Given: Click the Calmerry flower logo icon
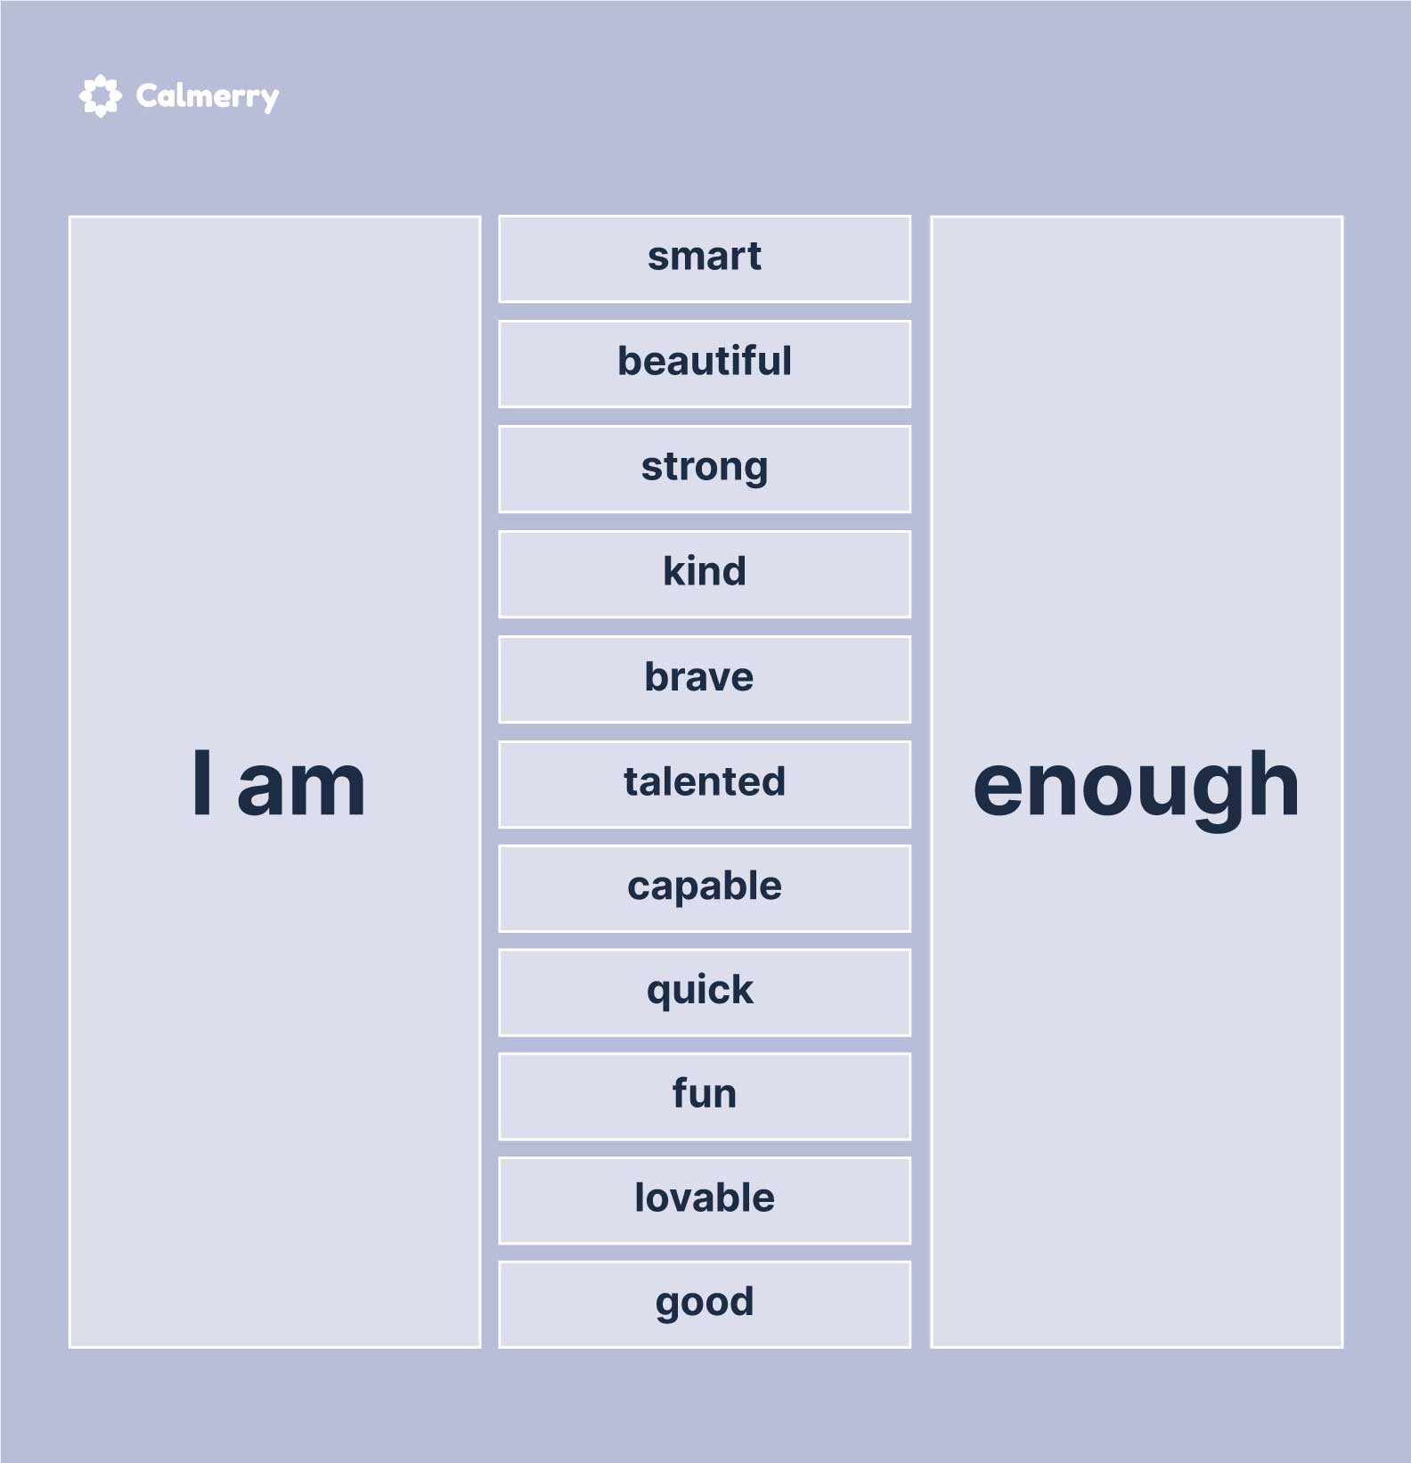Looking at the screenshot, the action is click(100, 95).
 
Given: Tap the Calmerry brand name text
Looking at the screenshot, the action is click(208, 96).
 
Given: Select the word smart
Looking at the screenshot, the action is click(704, 257).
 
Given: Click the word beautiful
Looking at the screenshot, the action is click(704, 361).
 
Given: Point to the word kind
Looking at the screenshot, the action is click(704, 571).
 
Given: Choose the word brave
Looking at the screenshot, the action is click(699, 676).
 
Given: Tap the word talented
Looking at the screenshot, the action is click(704, 781).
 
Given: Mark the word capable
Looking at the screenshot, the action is click(704, 887).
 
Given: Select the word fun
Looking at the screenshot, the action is click(704, 1093).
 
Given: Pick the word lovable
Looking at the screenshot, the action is click(704, 1197).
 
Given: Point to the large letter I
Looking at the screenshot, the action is click(202, 782).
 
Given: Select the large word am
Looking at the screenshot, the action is click(301, 789).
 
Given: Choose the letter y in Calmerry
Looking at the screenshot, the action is click(267, 101).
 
